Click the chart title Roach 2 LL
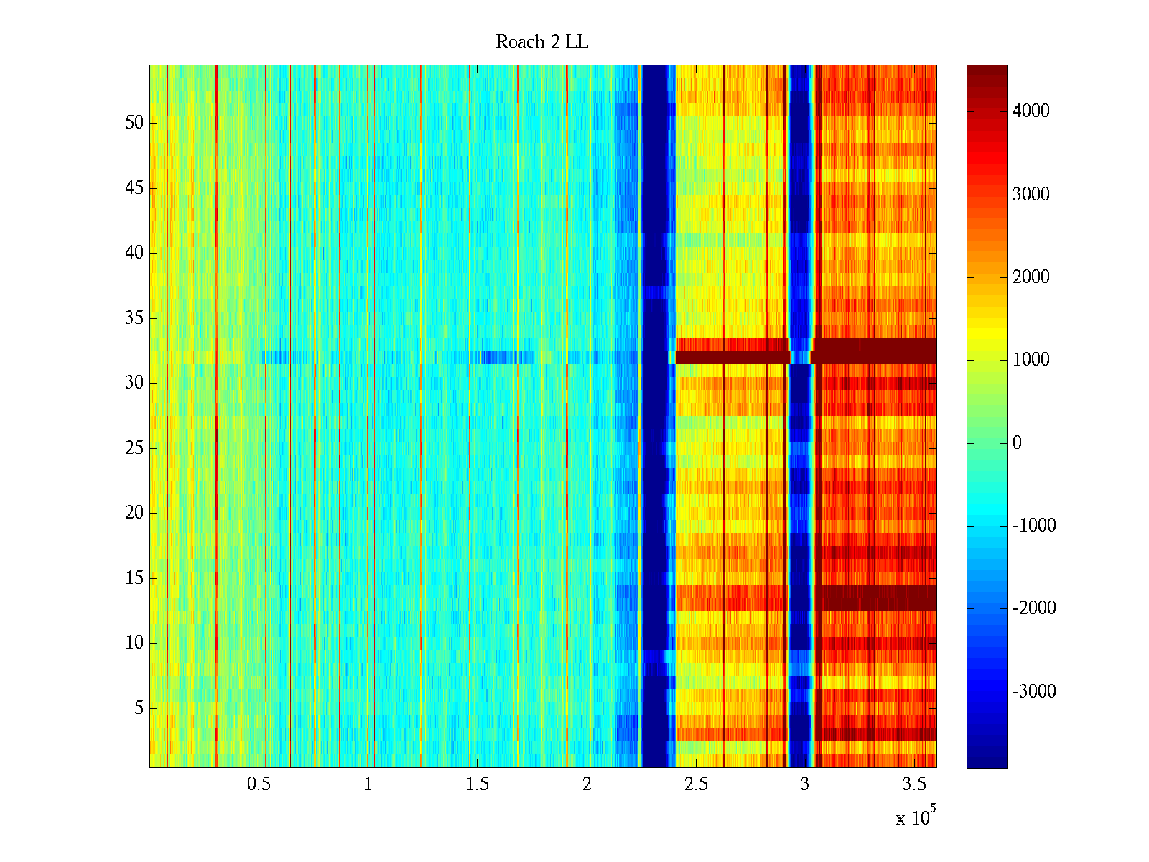tap(541, 42)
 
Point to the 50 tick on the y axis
tap(134, 123)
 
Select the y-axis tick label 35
tap(134, 318)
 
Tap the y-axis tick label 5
tap(139, 708)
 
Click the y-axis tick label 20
tap(134, 513)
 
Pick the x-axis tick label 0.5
tap(259, 784)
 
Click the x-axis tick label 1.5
tap(478, 784)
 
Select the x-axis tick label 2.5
tap(696, 784)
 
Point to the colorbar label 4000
tap(1031, 111)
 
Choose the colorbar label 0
tap(1017, 443)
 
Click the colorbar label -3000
tap(1034, 692)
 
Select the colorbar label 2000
tap(1031, 277)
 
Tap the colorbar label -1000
tap(1034, 526)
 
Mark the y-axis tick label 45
tap(134, 188)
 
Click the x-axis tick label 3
tap(805, 784)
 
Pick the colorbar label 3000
tap(1031, 195)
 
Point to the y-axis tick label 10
tap(134, 643)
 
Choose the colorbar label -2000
tap(1034, 608)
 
